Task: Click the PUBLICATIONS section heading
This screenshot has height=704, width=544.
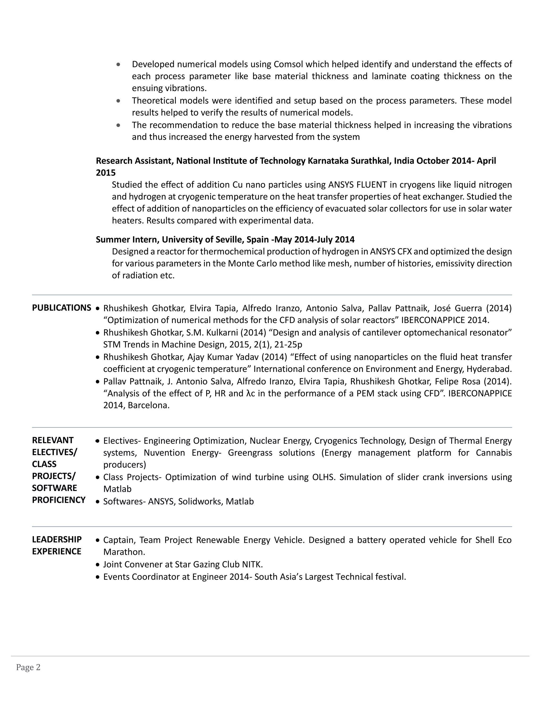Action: [x=61, y=308]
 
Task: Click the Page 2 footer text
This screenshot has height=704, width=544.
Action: [x=28, y=667]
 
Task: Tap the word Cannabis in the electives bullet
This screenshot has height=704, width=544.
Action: [x=494, y=453]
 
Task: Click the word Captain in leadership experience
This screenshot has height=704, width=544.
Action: [x=118, y=540]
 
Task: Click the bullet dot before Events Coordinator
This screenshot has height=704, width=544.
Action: [x=98, y=577]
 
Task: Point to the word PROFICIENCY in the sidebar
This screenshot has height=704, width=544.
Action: [x=59, y=500]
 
